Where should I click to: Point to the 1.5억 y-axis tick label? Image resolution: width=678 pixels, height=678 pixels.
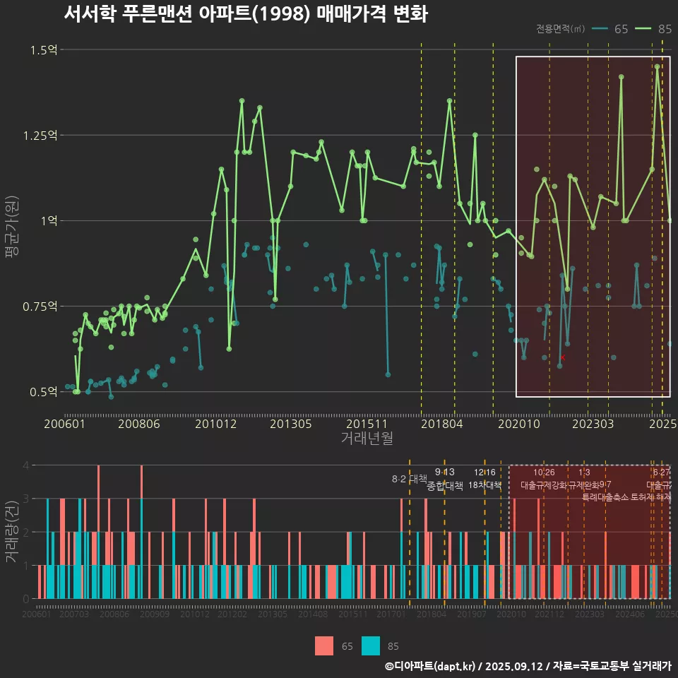pyautogui.click(x=44, y=49)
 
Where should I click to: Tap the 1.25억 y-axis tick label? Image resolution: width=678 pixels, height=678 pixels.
pyautogui.click(x=40, y=135)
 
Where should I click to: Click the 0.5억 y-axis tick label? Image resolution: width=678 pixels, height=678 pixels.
pyautogui.click(x=44, y=392)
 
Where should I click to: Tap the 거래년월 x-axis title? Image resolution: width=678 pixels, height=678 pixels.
pyautogui.click(x=367, y=439)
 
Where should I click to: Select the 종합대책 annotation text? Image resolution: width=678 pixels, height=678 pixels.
pyautogui.click(x=445, y=486)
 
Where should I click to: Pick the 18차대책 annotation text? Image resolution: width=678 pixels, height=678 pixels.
pyautogui.click(x=484, y=485)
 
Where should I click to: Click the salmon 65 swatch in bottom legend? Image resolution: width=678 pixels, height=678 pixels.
pyautogui.click(x=323, y=646)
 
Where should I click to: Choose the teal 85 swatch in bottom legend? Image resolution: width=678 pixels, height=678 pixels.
pyautogui.click(x=370, y=646)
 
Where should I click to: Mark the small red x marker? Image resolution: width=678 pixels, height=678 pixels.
pyautogui.click(x=562, y=358)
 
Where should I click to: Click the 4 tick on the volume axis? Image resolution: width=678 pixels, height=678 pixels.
pyautogui.click(x=26, y=465)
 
